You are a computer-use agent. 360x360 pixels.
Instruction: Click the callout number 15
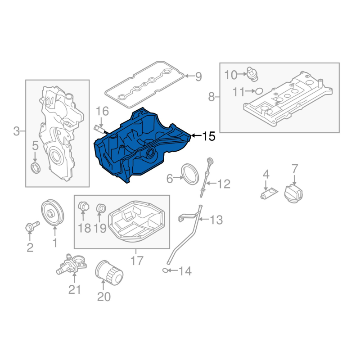(x=209, y=136)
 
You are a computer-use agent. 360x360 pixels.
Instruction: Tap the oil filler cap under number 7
(x=294, y=193)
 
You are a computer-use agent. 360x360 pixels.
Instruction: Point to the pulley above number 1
(x=53, y=212)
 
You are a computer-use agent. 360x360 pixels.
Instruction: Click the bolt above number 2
(x=31, y=226)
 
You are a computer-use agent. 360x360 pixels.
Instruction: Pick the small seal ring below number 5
(x=36, y=167)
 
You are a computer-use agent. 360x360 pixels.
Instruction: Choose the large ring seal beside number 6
(x=190, y=174)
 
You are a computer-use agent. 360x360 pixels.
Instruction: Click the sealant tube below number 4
(x=269, y=193)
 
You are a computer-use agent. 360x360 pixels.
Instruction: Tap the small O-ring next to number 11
(x=259, y=91)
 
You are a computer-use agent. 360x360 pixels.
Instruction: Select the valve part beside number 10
(x=252, y=74)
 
